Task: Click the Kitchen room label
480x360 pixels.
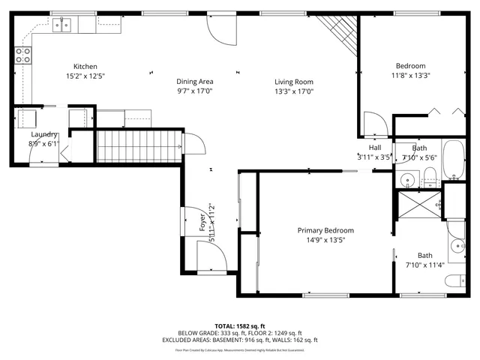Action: pyautogui.click(x=85, y=67)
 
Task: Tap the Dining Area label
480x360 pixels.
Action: pyautogui.click(x=195, y=81)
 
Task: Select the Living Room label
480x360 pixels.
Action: pyautogui.click(x=293, y=82)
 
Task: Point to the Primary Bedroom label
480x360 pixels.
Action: pyautogui.click(x=325, y=230)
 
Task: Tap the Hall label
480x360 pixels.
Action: pyautogui.click(x=374, y=148)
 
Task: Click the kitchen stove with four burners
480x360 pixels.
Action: pyautogui.click(x=23, y=54)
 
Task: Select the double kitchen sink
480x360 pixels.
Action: pyautogui.click(x=61, y=25)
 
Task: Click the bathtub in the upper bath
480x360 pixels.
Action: pyautogui.click(x=454, y=160)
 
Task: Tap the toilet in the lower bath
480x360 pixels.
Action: pyautogui.click(x=454, y=280)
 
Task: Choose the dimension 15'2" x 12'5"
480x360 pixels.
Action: pyautogui.click(x=85, y=76)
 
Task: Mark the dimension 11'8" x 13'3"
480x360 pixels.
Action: pyautogui.click(x=411, y=76)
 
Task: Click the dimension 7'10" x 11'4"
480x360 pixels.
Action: pyautogui.click(x=425, y=265)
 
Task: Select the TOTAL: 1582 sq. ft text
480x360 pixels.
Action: pyautogui.click(x=240, y=326)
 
